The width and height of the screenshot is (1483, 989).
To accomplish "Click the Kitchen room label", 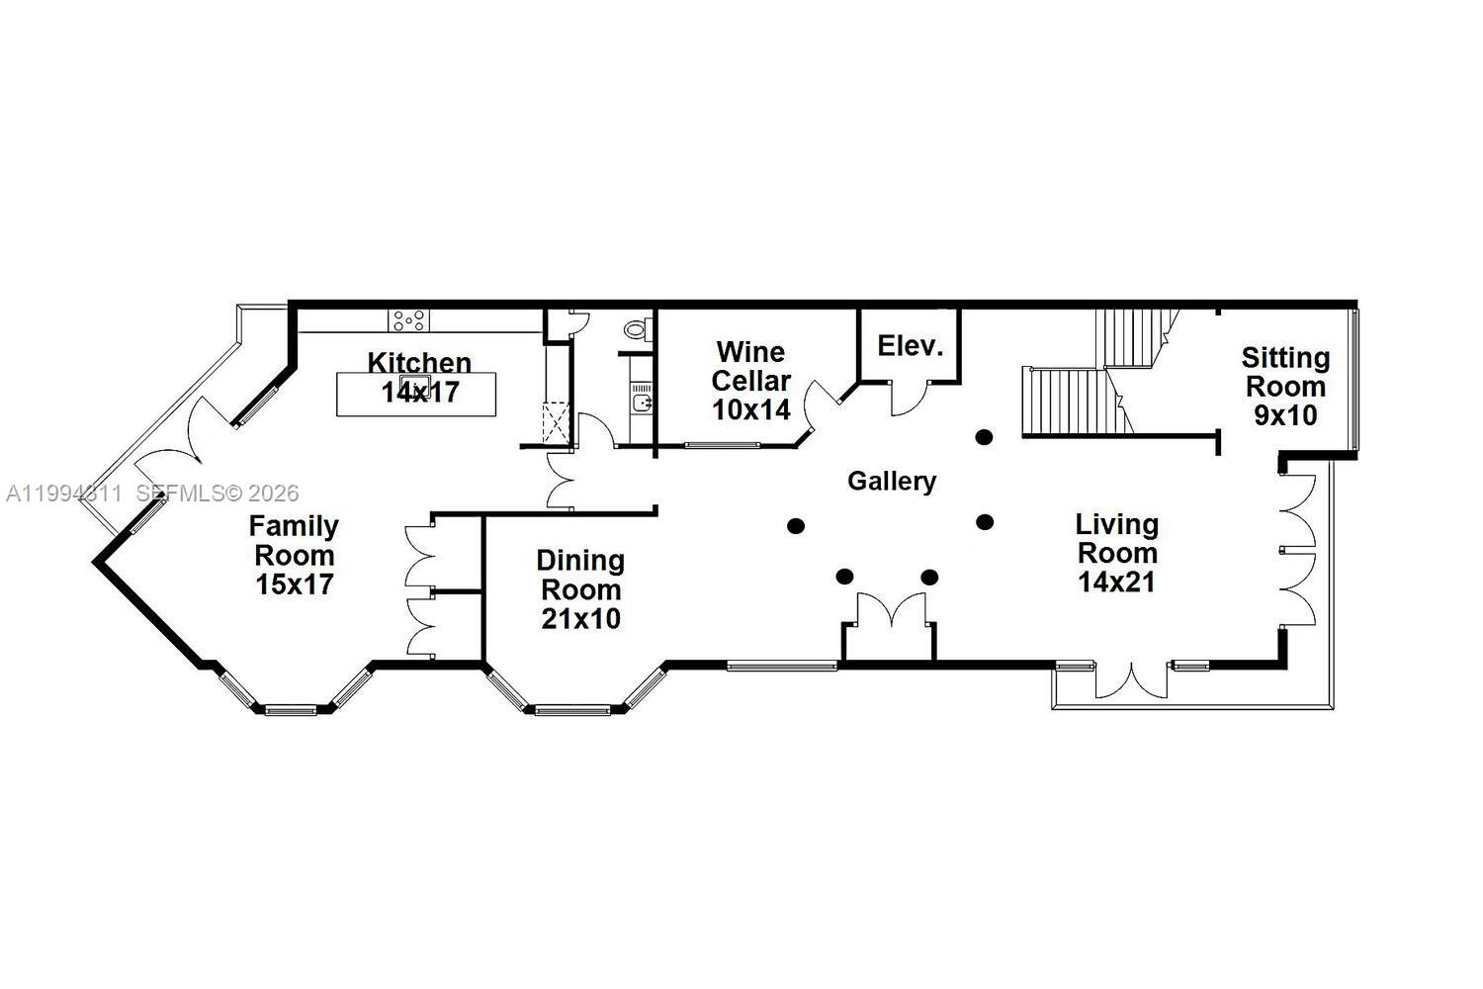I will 419,362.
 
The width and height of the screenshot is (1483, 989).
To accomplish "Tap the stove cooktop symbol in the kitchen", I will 409,319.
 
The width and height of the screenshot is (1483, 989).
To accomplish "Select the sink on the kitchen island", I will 414,384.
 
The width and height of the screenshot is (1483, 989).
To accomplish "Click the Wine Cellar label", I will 751,366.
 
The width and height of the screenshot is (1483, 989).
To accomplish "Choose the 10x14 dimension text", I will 751,409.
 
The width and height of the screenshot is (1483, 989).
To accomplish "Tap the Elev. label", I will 911,347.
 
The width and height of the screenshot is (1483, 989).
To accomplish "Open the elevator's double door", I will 909,397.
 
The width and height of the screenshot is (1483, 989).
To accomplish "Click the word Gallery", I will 892,482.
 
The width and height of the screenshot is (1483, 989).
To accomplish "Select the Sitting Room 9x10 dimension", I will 1285,415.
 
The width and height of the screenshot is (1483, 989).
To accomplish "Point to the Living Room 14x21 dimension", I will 1116,582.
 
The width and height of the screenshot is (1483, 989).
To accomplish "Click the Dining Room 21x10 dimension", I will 580,619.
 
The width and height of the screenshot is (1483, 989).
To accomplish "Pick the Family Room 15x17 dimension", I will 294,584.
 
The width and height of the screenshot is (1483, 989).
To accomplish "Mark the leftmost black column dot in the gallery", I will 796,526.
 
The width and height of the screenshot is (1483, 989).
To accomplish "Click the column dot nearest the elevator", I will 984,436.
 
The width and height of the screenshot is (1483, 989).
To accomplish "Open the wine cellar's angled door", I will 821,405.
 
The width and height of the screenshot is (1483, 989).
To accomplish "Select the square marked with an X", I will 556,420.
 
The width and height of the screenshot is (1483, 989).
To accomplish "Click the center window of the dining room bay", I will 573,709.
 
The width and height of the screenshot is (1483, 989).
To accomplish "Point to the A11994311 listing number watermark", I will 63,494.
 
